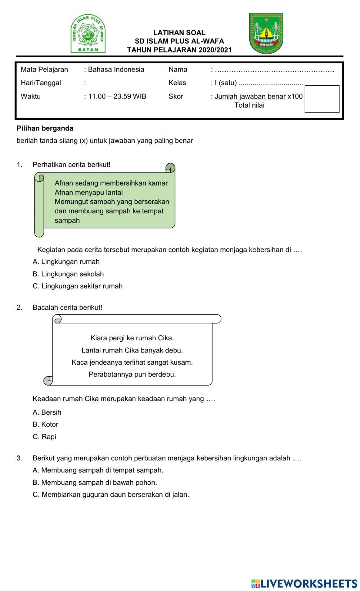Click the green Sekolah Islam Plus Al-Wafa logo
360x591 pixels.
[88, 34]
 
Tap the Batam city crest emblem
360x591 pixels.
[266, 33]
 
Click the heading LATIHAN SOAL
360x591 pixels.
[179, 33]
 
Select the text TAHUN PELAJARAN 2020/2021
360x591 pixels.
[179, 50]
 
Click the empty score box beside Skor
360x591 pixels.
[322, 99]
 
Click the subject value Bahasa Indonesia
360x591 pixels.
[116, 70]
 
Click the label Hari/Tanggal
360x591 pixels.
[41, 83]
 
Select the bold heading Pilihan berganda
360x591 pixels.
[45, 128]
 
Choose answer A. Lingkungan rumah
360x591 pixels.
[66, 262]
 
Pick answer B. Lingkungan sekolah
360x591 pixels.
[68, 274]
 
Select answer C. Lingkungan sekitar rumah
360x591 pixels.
[77, 286]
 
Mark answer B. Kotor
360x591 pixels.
[45, 424]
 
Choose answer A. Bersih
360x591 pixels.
[47, 413]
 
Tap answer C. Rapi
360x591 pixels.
[44, 437]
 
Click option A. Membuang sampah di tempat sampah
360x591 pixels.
[98, 470]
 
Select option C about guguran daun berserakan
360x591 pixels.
[111, 495]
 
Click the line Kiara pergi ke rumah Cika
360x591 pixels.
[132, 338]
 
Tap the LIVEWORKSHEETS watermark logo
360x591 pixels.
[304, 583]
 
